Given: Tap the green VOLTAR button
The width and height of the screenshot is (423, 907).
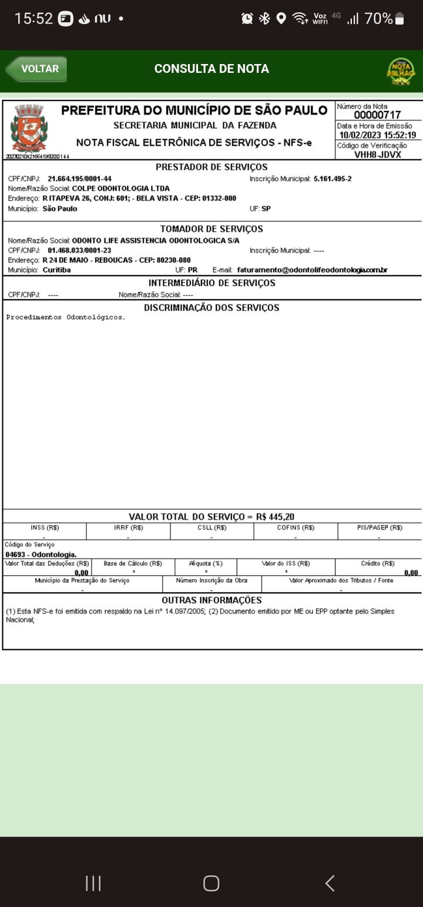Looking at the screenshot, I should tap(36, 69).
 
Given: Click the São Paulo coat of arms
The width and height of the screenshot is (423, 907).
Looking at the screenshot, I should tap(29, 127).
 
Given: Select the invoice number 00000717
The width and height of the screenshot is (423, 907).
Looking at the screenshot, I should tap(377, 115).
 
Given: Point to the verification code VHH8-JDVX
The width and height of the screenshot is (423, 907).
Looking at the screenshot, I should tap(378, 154).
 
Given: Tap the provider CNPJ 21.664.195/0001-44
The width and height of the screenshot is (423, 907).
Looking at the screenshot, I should tap(79, 179).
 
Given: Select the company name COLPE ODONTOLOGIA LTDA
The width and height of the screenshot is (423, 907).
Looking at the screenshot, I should tap(120, 189).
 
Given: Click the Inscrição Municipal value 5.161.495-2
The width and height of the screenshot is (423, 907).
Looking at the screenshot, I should tap(333, 179).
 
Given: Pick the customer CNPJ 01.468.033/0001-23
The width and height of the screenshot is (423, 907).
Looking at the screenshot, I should tap(79, 250).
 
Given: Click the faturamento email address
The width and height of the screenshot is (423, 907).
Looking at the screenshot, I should tap(312, 270).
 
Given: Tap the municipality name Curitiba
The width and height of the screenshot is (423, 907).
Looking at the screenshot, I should tap(56, 270).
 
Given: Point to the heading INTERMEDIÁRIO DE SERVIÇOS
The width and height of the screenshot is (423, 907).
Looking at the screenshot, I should tap(211, 283).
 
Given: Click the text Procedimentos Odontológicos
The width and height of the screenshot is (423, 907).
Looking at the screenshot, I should tap(66, 317).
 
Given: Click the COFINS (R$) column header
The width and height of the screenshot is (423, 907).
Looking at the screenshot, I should tap(296, 528).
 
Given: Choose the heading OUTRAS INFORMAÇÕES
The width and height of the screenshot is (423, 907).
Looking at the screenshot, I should tap(211, 600).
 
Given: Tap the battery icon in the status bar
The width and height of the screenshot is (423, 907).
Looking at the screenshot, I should tap(399, 19).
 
